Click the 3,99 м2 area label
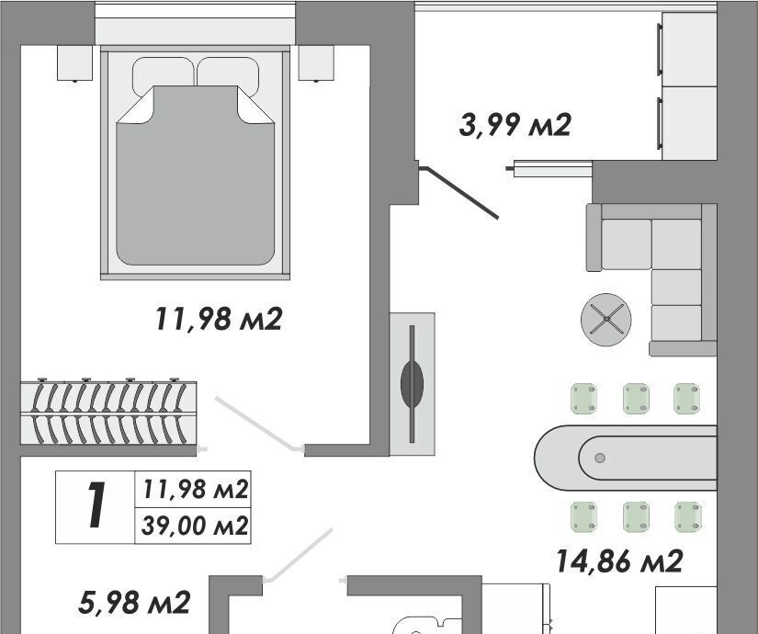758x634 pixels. click(x=515, y=124)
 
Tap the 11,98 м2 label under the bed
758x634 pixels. click(x=218, y=320)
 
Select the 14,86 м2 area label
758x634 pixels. click(x=619, y=560)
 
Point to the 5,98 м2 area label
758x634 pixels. click(x=134, y=603)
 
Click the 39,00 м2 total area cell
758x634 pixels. click(x=193, y=526)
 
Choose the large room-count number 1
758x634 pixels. click(x=95, y=506)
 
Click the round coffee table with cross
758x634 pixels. click(x=606, y=320)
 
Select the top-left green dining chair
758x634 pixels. click(x=583, y=399)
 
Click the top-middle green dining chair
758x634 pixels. click(x=635, y=399)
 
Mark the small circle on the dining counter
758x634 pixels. click(x=600, y=458)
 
